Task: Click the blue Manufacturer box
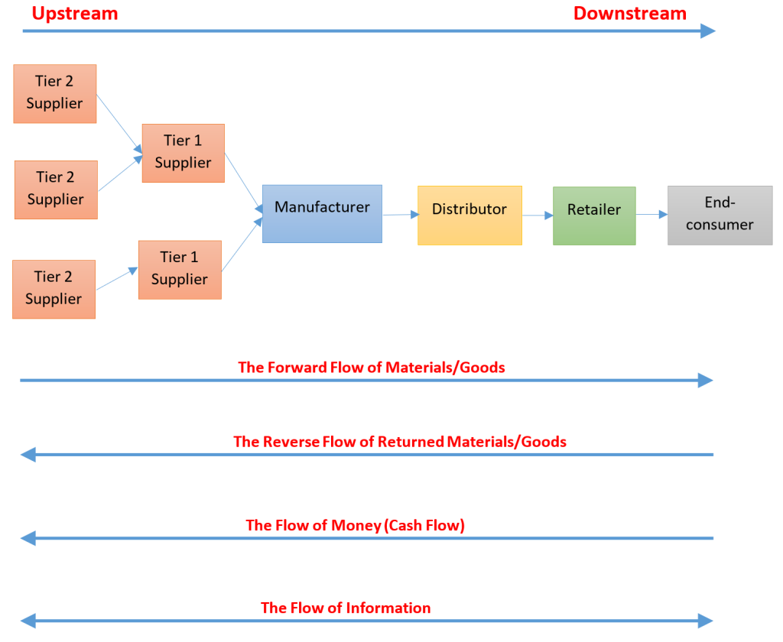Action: tap(322, 214)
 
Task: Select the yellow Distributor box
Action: tap(470, 216)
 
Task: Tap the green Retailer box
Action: tap(594, 216)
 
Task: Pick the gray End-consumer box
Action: tap(720, 216)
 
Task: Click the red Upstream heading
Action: tap(75, 14)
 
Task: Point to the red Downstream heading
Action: tap(630, 14)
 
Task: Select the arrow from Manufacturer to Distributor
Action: tap(401, 215)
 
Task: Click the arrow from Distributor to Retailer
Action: tap(538, 216)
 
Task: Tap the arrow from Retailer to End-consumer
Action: tap(651, 215)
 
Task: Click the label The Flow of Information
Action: tap(346, 608)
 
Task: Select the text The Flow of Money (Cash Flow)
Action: tap(355, 525)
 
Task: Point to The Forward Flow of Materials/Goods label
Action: tap(372, 368)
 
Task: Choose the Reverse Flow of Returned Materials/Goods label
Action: tap(400, 442)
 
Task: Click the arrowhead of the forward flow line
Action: tap(706, 381)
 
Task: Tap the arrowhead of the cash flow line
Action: tap(28, 538)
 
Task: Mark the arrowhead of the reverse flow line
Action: tap(28, 455)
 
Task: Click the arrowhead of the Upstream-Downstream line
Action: tap(708, 31)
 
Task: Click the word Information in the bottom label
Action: tap(388, 608)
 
